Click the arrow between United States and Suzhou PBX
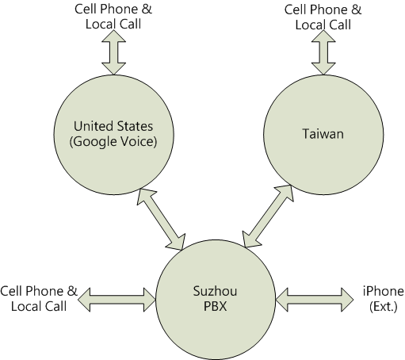click(x=161, y=219)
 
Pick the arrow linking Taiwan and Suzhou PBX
click(x=268, y=216)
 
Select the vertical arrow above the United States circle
click(x=113, y=52)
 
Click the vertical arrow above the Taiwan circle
click(x=323, y=52)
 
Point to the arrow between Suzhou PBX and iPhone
click(x=315, y=300)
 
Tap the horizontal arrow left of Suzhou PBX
click(x=117, y=300)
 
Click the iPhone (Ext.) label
click(x=384, y=299)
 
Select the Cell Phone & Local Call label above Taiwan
click(x=323, y=17)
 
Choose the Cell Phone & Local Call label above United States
click(x=113, y=17)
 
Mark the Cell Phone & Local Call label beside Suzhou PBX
click(x=39, y=299)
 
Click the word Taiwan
click(x=323, y=134)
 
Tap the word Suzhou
click(x=215, y=291)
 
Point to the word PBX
click(x=216, y=306)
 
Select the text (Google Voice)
click(x=113, y=142)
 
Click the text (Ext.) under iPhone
click(x=384, y=307)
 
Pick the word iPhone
click(x=384, y=291)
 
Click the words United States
click(x=113, y=126)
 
